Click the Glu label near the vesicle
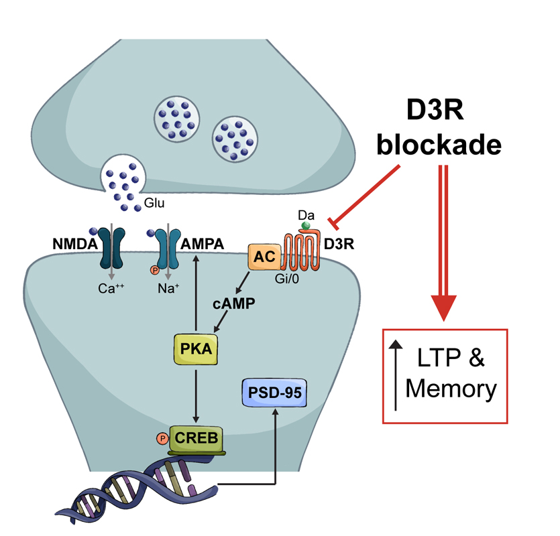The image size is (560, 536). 153,202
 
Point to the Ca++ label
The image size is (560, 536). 110,289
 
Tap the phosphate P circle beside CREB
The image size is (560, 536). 161,439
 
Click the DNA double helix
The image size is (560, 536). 134,492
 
